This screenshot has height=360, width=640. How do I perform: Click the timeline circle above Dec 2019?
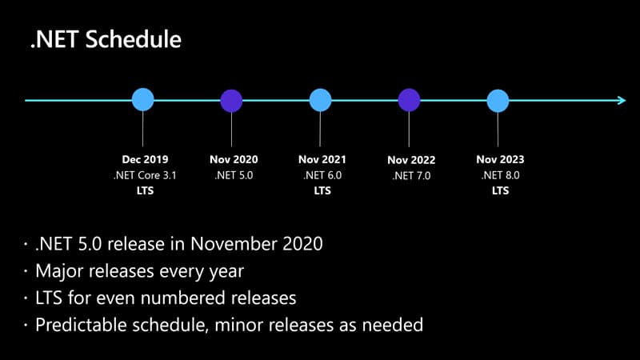143,100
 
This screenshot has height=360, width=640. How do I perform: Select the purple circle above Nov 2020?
232,100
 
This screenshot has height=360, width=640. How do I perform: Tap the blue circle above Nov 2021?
321,100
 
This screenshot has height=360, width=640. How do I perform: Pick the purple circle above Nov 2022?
410,100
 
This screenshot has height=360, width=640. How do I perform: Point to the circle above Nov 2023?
498,100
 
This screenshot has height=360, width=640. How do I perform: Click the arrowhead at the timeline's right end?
620,100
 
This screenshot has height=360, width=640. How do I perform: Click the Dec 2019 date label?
145,159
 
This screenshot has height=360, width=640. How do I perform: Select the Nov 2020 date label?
234,159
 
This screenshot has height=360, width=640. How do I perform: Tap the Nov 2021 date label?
322,159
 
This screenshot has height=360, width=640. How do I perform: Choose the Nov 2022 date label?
411,160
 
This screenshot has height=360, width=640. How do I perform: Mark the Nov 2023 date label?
500,159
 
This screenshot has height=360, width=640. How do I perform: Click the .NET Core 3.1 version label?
145,175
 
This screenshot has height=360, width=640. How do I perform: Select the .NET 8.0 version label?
500,175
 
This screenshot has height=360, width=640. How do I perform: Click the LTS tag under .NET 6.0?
322,190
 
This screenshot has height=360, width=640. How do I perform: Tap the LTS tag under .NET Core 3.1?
145,190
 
